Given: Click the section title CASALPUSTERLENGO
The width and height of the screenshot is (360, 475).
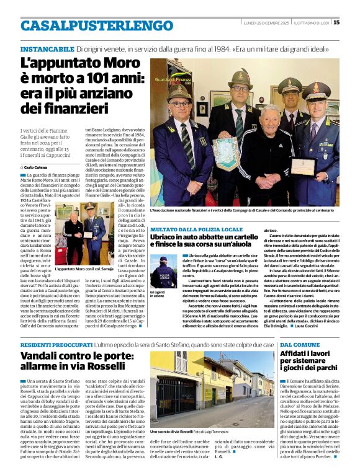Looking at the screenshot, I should point(88,25).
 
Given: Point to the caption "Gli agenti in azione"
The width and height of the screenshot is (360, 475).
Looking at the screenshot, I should point(158,294).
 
